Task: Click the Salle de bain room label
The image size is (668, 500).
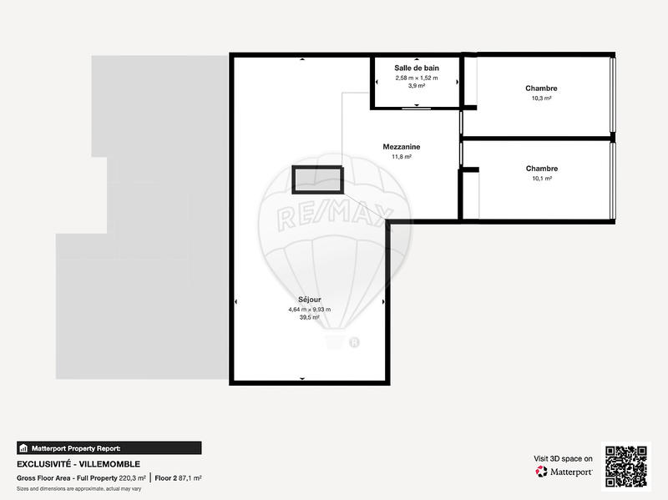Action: point(417,68)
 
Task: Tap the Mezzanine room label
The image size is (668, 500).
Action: point(402,146)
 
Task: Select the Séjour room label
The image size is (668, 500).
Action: point(309,299)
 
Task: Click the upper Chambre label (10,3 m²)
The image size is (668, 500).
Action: point(541,88)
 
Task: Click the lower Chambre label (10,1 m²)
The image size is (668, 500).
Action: point(541,169)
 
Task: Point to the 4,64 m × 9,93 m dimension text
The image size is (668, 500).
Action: point(309,309)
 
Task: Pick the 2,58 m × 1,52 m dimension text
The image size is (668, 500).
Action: point(417,78)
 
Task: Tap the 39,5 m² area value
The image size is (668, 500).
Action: point(309,317)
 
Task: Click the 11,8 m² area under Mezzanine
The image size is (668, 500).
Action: point(402,156)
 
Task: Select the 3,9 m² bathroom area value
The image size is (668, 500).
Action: point(417,86)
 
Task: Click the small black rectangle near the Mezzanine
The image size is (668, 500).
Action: point(317,179)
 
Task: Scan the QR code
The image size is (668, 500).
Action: point(625,466)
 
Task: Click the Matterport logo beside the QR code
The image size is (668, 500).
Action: point(564,472)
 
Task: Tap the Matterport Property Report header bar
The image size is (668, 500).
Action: point(109,447)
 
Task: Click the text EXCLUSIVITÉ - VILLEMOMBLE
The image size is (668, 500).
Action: point(78,464)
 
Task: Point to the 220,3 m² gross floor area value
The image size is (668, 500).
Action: point(132,478)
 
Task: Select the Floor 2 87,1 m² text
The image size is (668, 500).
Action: point(178,478)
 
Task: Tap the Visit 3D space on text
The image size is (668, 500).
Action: point(563,458)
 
